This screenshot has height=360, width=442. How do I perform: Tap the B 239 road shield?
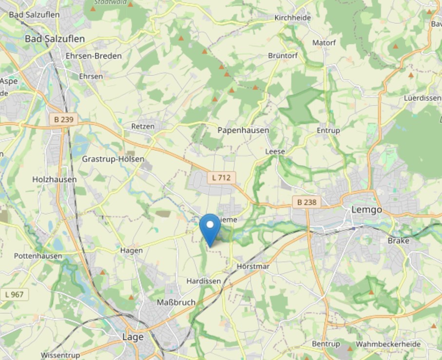[x=63, y=119]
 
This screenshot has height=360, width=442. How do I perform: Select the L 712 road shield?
[x=221, y=178]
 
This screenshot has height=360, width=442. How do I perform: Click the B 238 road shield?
[x=307, y=202]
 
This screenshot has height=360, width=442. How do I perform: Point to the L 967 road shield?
[x=15, y=294]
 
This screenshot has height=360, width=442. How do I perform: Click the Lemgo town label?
[x=366, y=210]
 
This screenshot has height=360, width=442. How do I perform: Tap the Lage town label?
[x=133, y=337]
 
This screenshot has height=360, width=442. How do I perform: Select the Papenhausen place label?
[x=243, y=130]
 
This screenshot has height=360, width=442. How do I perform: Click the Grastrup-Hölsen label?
[x=113, y=159]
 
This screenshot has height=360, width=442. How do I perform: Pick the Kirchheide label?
[x=292, y=18]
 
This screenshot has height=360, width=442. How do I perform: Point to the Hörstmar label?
[x=253, y=266]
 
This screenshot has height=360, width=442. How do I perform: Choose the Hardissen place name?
[x=204, y=282]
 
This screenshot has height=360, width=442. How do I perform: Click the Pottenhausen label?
[x=38, y=256]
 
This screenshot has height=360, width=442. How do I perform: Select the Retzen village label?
[x=143, y=126]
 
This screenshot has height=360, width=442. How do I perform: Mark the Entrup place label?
[x=328, y=131]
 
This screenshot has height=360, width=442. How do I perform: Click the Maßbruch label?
[x=176, y=303]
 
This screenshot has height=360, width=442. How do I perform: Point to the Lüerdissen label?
[x=423, y=98]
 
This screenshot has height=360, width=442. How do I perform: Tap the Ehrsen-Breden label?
[x=94, y=56]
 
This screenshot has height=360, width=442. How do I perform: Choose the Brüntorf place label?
[x=283, y=56]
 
